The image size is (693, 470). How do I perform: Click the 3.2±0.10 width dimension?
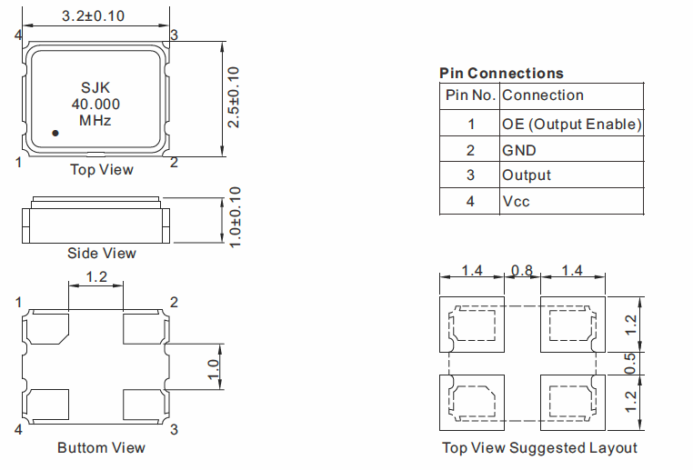click(93, 16)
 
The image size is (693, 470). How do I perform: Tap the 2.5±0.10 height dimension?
click(234, 96)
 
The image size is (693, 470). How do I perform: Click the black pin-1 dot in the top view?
click(55, 134)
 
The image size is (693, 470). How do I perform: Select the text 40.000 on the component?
click(95, 105)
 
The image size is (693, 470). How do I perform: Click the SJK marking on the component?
click(95, 88)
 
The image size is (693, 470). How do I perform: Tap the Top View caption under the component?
click(102, 169)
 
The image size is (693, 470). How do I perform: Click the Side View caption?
click(102, 253)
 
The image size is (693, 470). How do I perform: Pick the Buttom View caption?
click(101, 447)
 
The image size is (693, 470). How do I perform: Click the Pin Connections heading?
click(501, 73)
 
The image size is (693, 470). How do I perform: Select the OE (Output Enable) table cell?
click(571, 124)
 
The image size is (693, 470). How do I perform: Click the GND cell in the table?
click(519, 150)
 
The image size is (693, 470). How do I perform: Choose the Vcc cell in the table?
click(516, 201)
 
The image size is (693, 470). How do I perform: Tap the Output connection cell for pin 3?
click(527, 175)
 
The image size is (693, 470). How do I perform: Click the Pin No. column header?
click(469, 95)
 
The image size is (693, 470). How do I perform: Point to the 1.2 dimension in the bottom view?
click(96, 276)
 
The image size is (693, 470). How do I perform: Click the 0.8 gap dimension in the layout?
click(522, 271)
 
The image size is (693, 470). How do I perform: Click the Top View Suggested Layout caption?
click(539, 447)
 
